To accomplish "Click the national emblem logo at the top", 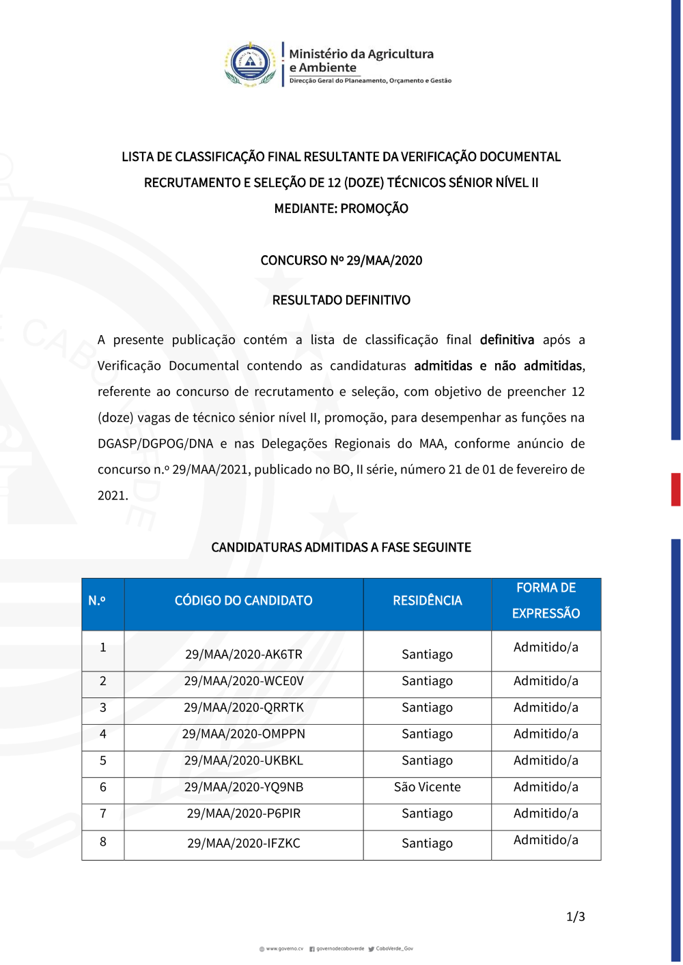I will pos(251,64).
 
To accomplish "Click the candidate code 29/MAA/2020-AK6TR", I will pos(244,654).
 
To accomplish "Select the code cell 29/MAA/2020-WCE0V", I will pos(244,681).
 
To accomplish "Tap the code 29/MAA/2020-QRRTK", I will pos(244,708).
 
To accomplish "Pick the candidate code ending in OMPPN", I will pos(244,734).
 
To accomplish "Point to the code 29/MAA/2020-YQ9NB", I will pos(244,788).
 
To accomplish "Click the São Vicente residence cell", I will pos(428,788).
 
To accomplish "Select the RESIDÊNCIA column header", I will pos(428,601).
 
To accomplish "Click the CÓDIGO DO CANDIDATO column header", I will pos(244,601).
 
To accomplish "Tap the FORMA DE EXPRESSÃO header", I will pos(546,601).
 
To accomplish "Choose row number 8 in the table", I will pos(103,842).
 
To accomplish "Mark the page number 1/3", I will pos(576,917).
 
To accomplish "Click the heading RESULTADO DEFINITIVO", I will pos(341,300).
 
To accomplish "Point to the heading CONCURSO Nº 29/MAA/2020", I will pos(341,261).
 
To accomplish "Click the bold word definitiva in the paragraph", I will pos(507,340).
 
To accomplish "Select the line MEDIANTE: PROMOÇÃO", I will pos(341,209).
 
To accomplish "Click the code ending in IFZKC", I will pos(244,844).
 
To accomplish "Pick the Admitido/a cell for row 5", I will pos(546,760).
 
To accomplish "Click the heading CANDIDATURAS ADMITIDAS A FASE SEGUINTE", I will pos(341,547).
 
